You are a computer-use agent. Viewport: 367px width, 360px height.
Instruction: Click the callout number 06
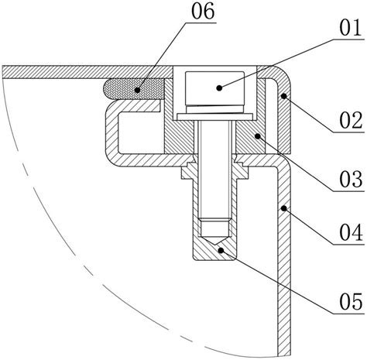tap(203, 12)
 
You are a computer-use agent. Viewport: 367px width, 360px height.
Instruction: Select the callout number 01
tap(351, 28)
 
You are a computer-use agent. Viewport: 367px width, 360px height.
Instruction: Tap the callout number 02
tap(351, 121)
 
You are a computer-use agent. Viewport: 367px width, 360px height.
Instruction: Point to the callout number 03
tap(351, 180)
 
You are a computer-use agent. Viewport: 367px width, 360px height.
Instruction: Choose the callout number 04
tap(351, 232)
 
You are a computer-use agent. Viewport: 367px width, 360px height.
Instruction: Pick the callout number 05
tap(351, 302)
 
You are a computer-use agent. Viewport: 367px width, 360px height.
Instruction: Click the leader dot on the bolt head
tap(219, 88)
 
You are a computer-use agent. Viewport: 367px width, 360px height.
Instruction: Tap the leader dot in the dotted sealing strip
tap(137, 90)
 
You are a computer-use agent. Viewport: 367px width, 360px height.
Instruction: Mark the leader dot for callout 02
tap(284, 96)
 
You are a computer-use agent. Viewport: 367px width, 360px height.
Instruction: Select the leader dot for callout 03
tap(257, 135)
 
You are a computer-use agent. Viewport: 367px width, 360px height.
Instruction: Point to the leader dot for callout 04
tap(284, 208)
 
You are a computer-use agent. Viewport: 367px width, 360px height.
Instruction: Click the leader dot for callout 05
tap(221, 250)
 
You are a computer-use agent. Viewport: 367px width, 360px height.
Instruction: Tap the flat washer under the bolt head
tap(214, 117)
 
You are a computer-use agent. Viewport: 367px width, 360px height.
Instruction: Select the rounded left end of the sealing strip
tap(106, 89)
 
